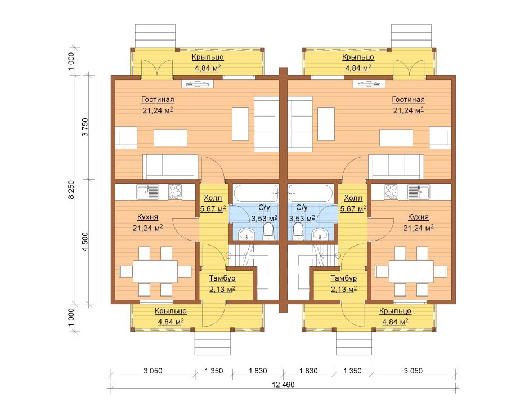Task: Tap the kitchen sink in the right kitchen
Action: pyautogui.click(x=418, y=192)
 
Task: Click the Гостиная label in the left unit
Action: pyautogui.click(x=157, y=100)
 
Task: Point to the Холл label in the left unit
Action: pyautogui.click(x=213, y=198)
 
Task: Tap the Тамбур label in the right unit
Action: pyautogui.click(x=343, y=278)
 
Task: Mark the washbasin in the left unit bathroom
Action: pyautogui.click(x=246, y=233)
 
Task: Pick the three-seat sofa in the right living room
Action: pyautogui.click(x=396, y=166)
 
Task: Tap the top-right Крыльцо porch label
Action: pyautogui.click(x=358, y=57)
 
